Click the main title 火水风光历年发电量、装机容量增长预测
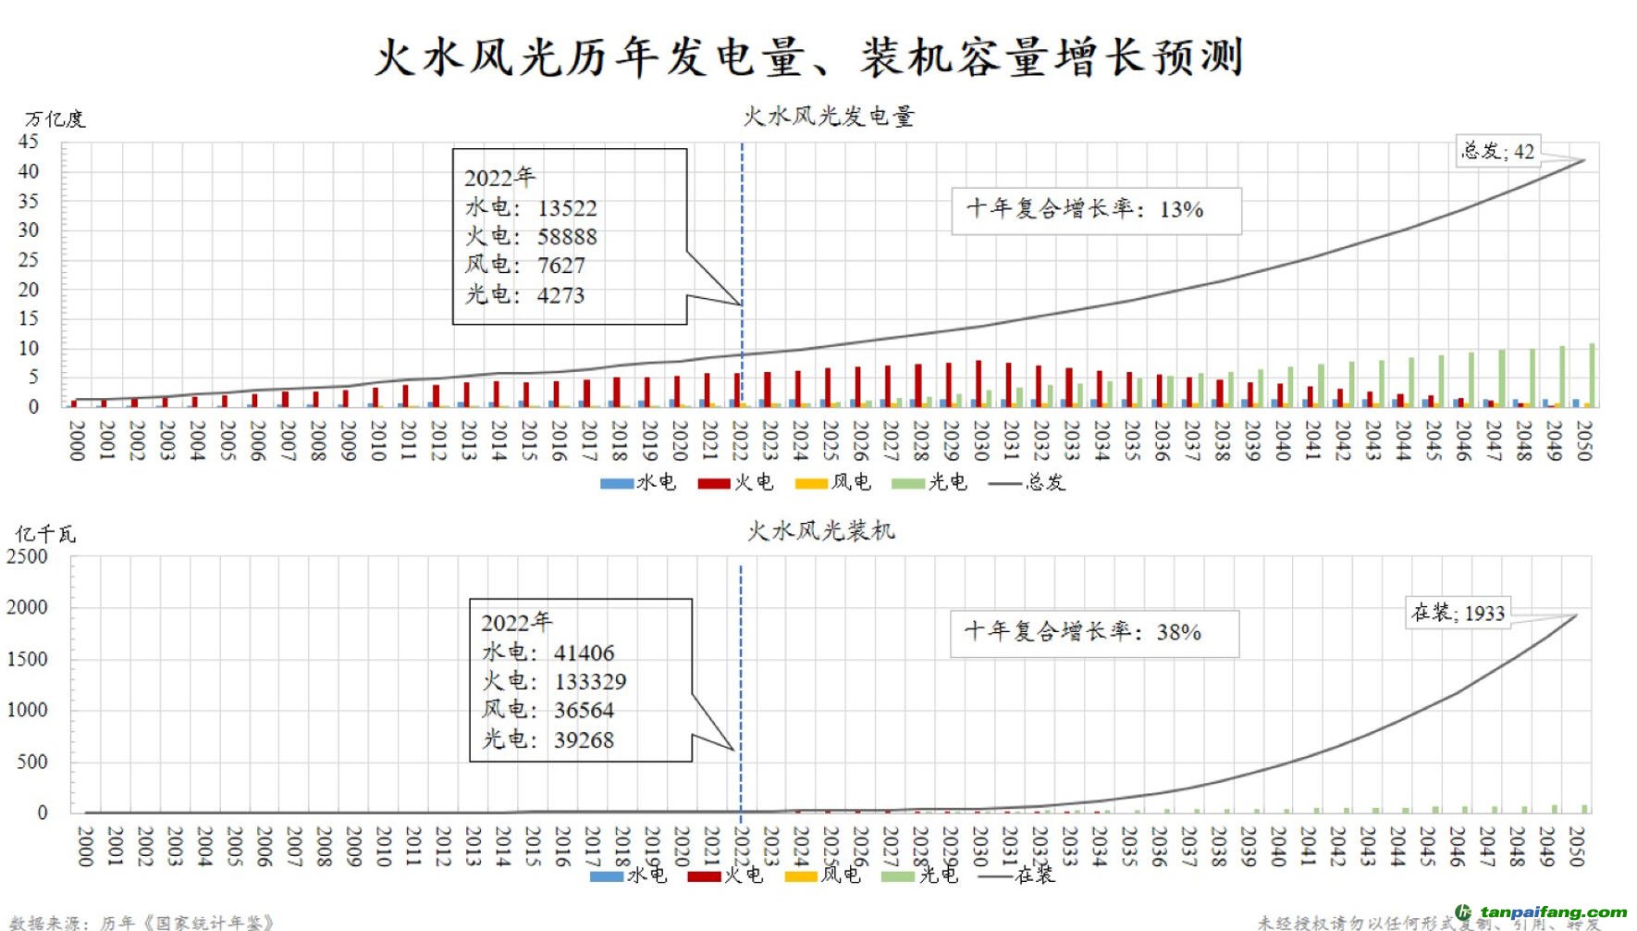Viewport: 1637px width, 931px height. (x=809, y=57)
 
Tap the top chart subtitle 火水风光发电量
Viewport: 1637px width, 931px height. (x=829, y=117)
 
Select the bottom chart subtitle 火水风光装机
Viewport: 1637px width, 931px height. (x=821, y=531)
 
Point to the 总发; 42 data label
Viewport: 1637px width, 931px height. (x=1497, y=151)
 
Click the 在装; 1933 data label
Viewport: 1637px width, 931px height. (x=1459, y=613)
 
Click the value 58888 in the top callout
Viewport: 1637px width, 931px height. (x=567, y=237)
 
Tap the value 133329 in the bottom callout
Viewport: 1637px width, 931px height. (x=590, y=682)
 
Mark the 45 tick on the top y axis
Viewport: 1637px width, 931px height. (x=29, y=142)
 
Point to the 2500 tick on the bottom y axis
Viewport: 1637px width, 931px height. (x=27, y=557)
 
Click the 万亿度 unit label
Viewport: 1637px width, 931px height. (x=55, y=119)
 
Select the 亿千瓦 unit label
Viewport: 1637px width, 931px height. (x=45, y=534)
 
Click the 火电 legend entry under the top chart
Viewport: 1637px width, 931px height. (x=736, y=482)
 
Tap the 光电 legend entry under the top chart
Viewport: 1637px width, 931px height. (x=929, y=482)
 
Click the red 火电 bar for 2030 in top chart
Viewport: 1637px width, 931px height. (x=979, y=383)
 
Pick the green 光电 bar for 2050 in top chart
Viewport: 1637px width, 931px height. (x=1592, y=375)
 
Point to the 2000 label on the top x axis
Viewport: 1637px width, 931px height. (x=77, y=440)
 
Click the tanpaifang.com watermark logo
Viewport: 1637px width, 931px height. (x=1541, y=912)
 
